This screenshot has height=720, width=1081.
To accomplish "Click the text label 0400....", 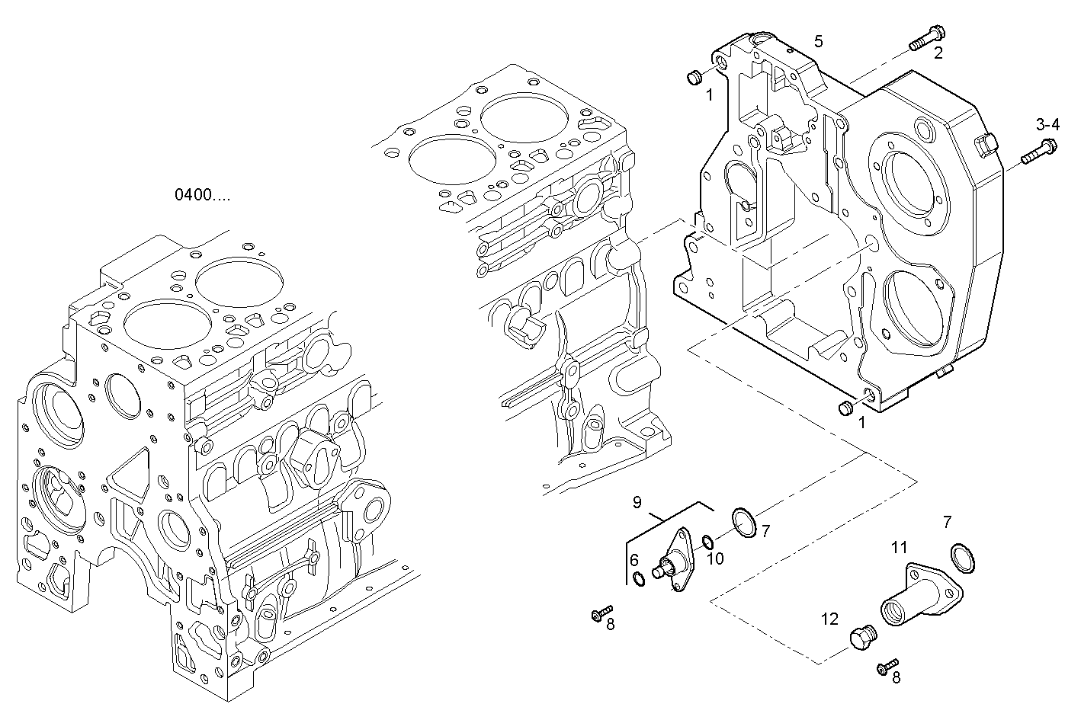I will coord(201,194).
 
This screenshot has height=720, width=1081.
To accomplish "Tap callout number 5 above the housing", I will coord(818,41).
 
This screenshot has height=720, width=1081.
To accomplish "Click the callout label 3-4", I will coord(1047,124).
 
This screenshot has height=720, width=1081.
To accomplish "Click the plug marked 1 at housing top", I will coord(696,78).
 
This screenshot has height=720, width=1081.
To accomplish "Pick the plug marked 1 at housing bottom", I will coord(845,409).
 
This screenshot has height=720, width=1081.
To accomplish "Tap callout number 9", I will coord(637,502).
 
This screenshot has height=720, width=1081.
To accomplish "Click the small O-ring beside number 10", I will coord(707,542).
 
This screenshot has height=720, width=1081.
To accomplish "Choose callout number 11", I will coord(899,547).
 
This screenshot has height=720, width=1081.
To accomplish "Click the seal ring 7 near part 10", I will coord(743,524).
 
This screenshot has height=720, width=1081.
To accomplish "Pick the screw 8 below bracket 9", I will coord(601,613).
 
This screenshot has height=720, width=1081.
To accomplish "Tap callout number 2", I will coord(938,53).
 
